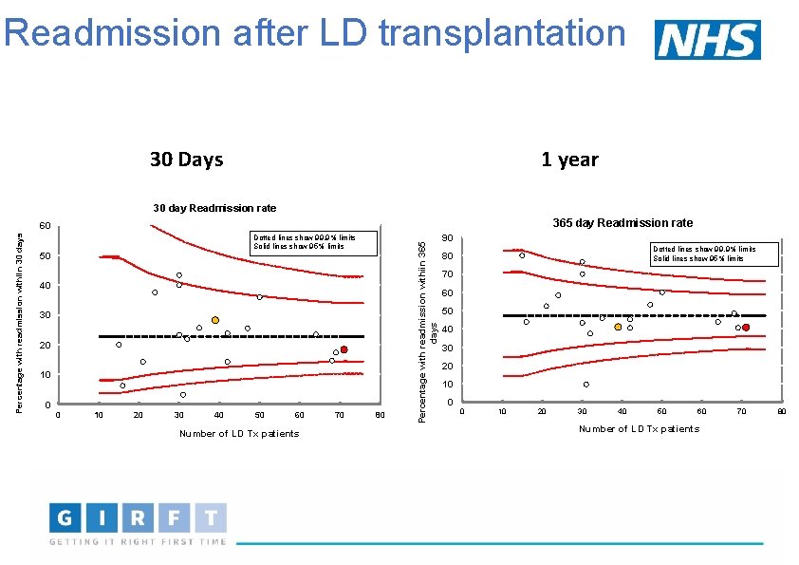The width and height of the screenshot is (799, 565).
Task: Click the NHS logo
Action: coord(708,40)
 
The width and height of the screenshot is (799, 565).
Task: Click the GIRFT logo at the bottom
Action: coord(139,524)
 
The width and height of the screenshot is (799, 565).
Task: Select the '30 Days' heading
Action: coord(186,159)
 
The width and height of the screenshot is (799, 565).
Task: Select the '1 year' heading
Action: coord(569,160)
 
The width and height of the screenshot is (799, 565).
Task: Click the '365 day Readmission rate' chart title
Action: coord(622,222)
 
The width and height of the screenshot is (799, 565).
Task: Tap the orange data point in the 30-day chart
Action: coord(215,320)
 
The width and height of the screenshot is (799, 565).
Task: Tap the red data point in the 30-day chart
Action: coord(344,349)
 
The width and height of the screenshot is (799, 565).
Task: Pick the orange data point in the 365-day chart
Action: coord(618,327)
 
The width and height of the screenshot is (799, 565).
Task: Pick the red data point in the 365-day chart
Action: coord(746,328)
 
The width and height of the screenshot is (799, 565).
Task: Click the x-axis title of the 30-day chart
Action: coord(239,434)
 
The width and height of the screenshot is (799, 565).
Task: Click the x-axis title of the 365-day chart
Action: coord(639,429)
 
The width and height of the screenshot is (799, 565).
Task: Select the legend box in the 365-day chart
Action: coord(714,254)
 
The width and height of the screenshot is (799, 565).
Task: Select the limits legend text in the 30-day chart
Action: coord(304,241)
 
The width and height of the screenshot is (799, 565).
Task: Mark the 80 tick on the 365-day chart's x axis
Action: coord(782,411)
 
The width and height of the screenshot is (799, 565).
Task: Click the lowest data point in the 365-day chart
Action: coord(586,385)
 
